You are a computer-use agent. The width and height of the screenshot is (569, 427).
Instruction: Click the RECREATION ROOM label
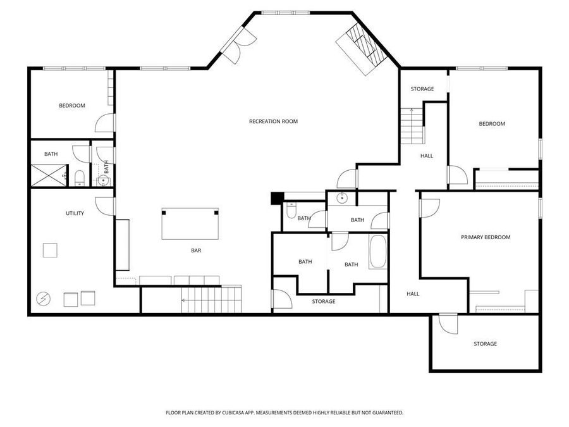[273, 121]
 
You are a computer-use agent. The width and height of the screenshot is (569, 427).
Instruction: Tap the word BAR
[196, 251]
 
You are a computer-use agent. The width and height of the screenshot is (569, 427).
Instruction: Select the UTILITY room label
[75, 214]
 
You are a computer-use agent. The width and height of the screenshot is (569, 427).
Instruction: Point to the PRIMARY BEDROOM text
[485, 237]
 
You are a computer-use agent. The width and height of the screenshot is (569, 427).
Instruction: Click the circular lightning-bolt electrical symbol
[44, 298]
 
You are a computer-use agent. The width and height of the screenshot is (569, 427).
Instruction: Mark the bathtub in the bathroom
[377, 252]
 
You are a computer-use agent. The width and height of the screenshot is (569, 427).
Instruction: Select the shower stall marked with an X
[49, 175]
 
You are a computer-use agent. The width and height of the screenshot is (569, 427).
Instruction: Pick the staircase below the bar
[211, 299]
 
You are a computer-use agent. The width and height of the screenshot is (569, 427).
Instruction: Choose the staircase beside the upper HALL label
[411, 126]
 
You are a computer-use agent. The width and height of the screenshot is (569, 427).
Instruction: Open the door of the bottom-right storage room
[448, 323]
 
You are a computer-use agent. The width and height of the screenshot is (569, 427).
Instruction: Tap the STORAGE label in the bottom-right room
[485, 344]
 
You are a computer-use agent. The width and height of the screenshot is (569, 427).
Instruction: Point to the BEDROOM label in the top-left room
[72, 106]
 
